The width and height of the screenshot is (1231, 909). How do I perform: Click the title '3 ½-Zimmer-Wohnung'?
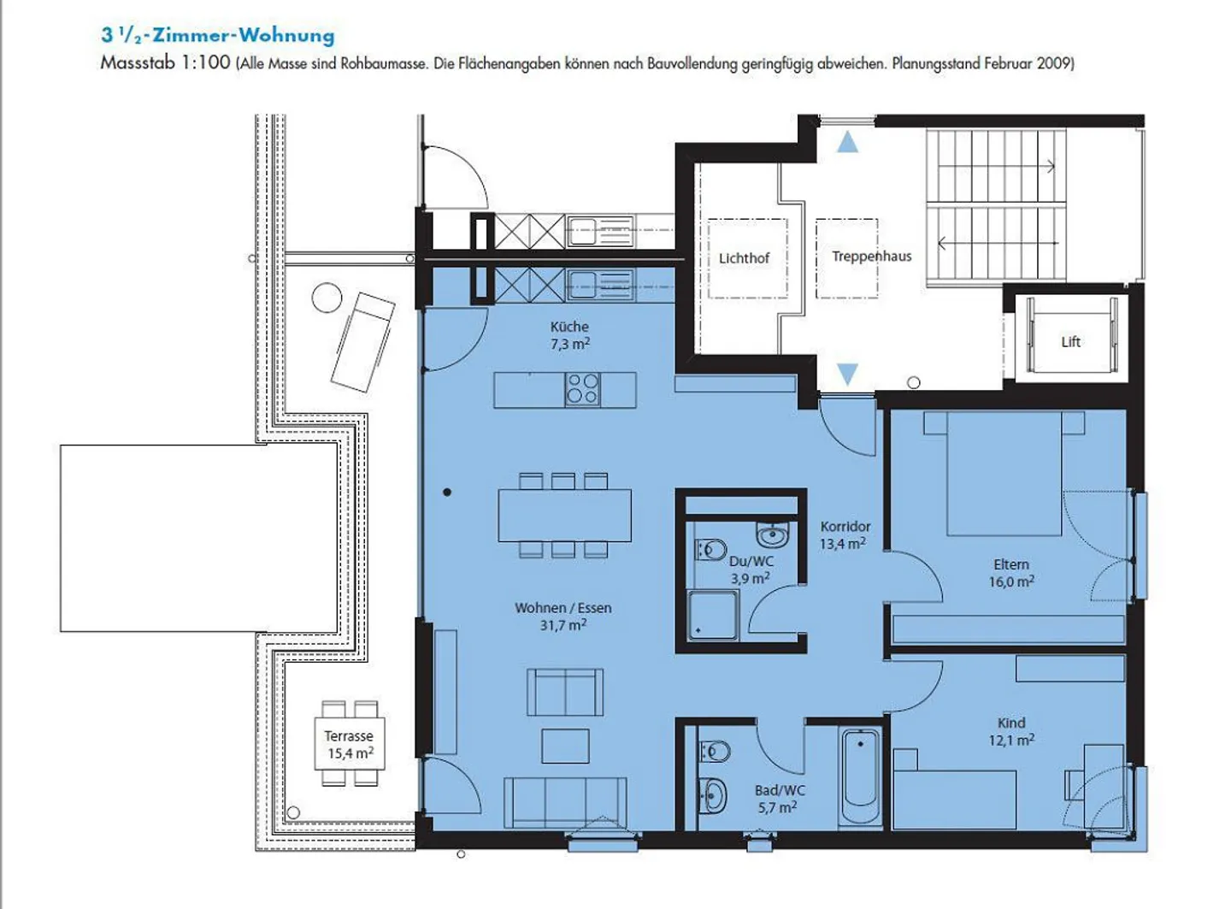click(217, 36)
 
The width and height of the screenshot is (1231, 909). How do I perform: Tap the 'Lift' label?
click(1070, 341)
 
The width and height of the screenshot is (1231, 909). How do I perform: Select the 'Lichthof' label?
click(745, 258)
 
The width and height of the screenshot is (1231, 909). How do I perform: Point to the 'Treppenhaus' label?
click(871, 256)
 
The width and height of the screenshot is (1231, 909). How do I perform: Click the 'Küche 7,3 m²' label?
click(570, 335)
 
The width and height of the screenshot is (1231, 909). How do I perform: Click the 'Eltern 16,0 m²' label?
click(1011, 572)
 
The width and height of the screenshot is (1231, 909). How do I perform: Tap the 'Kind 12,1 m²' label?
click(1011, 731)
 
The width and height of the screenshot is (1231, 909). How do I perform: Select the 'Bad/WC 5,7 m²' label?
click(780, 799)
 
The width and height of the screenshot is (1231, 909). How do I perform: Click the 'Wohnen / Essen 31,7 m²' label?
click(563, 617)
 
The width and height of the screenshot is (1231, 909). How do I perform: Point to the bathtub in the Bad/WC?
click(861, 776)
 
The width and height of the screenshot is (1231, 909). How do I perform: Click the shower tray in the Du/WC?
click(713, 616)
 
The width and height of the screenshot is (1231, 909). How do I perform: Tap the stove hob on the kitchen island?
click(583, 389)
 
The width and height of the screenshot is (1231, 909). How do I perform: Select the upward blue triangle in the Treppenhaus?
click(847, 142)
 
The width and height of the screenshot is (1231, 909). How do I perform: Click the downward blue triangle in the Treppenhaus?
click(847, 375)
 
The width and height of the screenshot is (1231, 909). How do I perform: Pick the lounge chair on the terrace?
click(363, 342)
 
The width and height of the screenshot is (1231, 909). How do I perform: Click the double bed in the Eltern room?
click(1004, 473)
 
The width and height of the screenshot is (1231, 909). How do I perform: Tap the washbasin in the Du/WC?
click(773, 534)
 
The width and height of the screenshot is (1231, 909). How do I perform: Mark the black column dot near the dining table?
click(447, 492)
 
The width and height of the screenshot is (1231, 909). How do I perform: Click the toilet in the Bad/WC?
click(715, 752)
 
